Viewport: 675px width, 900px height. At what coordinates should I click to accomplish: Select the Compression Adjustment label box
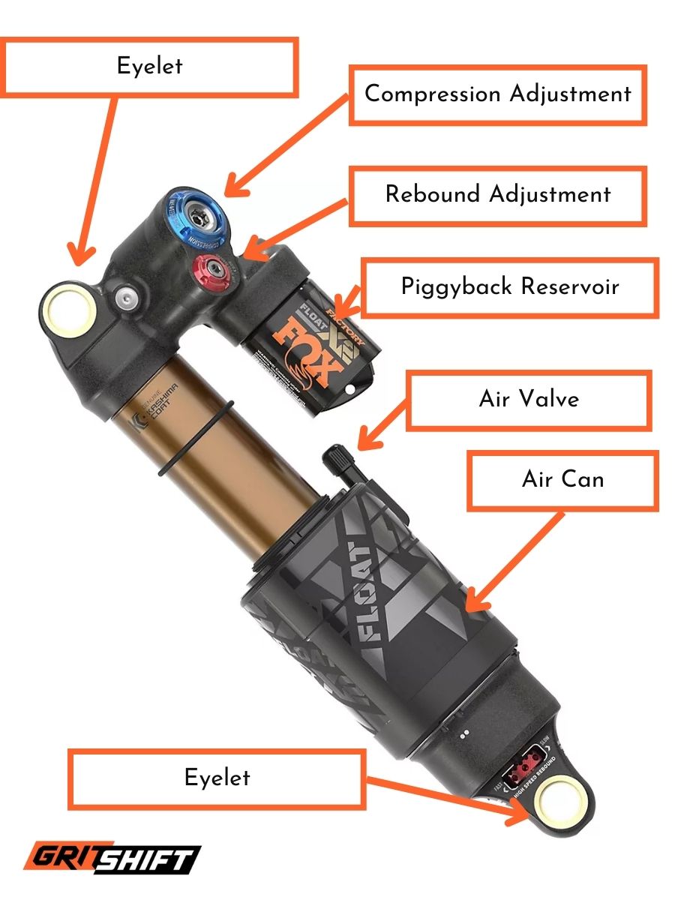(x=497, y=94)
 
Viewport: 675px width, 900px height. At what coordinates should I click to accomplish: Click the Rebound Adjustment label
(x=497, y=195)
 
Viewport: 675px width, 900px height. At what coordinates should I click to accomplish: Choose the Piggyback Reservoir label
(x=509, y=287)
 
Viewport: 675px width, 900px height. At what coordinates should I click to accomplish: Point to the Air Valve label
(x=529, y=399)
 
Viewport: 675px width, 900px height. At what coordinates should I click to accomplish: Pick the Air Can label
(x=562, y=480)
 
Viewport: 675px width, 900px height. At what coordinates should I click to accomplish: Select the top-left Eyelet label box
(x=150, y=67)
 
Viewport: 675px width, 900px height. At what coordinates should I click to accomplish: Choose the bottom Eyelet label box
(x=217, y=778)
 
